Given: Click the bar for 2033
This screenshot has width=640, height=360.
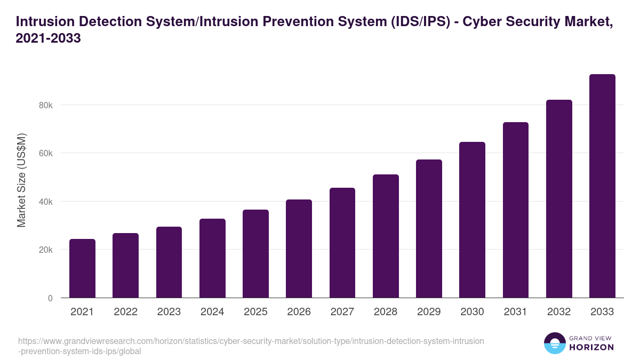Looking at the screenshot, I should coord(602,186).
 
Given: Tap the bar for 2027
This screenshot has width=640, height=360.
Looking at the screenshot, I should coord(342,243).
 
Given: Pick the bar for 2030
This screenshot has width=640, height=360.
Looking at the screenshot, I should coord(472,220).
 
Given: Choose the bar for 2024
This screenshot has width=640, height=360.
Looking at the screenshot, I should coord(212,258).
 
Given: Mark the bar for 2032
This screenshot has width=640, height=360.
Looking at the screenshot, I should coord(559,199).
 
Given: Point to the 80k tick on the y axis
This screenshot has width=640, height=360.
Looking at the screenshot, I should coord(46,105).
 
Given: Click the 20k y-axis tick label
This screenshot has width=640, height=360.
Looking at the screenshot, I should coord(46,250).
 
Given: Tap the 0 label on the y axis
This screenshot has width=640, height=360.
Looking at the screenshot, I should coord(50,298).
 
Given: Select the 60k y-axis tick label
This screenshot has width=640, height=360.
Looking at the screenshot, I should coord(46,154).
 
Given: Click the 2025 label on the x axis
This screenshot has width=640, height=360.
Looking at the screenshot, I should coord(255,312).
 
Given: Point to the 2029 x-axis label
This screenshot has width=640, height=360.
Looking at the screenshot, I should coord(429,312).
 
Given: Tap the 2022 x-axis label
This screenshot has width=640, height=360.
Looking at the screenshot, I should coord(125,312).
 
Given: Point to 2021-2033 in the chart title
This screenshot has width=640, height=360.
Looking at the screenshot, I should coord(49,38).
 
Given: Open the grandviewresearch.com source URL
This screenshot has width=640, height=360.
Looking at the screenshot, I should coord(251,346).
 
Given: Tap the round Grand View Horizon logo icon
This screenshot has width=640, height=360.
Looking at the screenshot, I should coord(554,343).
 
